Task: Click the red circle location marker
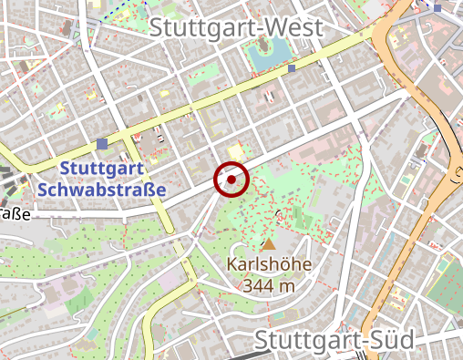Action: click(x=231, y=180)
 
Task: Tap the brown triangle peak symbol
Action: click(x=268, y=244)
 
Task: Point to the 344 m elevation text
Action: click(x=270, y=286)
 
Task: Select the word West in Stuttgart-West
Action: click(x=294, y=28)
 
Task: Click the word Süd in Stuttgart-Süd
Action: click(x=387, y=340)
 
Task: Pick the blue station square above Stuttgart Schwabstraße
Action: click(x=101, y=144)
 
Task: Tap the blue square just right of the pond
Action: click(x=292, y=68)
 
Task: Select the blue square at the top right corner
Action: click(x=437, y=8)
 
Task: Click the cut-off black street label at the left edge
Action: click(x=15, y=215)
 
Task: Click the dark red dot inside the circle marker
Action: click(x=231, y=180)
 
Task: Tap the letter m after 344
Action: click(x=288, y=287)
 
